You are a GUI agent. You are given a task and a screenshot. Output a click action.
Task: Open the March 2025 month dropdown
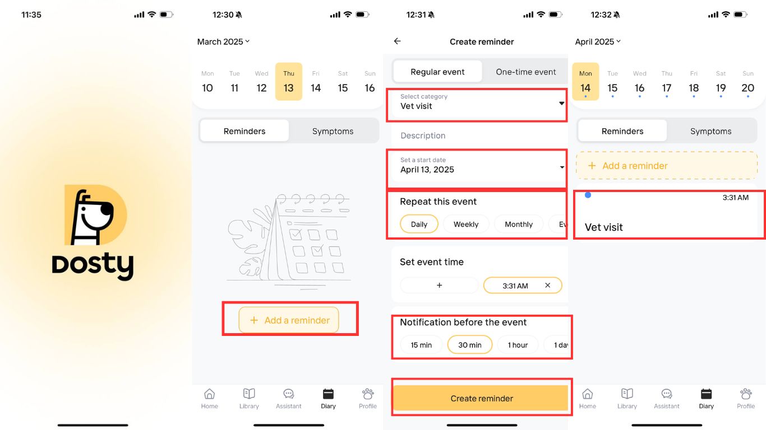pos(223,41)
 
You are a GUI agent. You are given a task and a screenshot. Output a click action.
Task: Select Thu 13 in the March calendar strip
pos(289,82)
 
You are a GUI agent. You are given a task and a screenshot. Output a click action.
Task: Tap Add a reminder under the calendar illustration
pos(289,320)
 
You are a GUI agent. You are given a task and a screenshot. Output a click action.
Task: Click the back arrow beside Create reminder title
pos(398,41)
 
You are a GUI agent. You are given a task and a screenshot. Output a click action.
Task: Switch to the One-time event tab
pos(526,72)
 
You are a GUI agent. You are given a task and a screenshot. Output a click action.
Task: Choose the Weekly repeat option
pos(466,225)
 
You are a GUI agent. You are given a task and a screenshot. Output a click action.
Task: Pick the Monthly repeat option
pos(519,225)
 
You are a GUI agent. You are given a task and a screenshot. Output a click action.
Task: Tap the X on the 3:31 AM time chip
pos(547,285)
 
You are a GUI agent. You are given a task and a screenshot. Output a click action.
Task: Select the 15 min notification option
pos(421,345)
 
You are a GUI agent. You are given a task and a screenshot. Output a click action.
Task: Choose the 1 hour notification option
pos(518,345)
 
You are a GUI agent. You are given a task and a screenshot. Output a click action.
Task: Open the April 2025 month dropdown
pos(598,41)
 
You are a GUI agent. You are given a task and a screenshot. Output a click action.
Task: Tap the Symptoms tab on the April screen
pos(710,131)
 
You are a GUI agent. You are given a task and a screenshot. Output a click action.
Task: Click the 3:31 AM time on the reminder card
pos(735,198)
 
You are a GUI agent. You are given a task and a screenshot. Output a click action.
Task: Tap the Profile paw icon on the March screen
pos(368,394)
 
